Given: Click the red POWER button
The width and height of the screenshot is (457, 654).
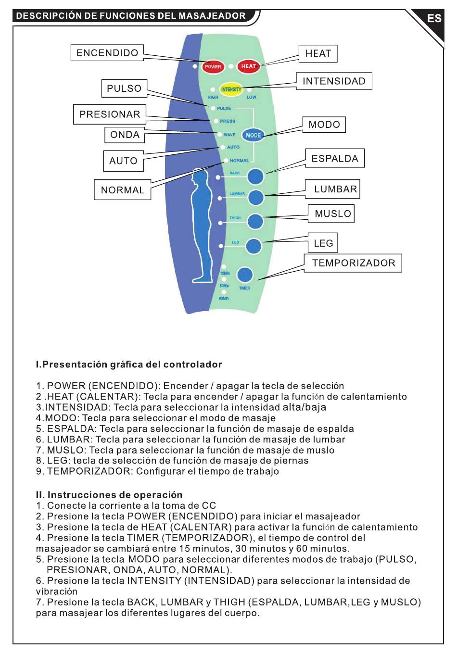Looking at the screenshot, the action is pos(213,67).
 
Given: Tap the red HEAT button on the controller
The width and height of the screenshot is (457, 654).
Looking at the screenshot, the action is pos(248,66).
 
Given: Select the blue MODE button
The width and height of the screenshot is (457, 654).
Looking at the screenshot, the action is pos(253,135).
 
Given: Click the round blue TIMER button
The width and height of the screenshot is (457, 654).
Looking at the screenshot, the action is pos(245,275).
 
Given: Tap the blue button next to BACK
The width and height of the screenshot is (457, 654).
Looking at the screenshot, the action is pos(255,176).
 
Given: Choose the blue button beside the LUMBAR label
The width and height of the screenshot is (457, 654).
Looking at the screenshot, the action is pos(256,197).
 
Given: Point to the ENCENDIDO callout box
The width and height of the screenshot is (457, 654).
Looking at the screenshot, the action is pos(107,53).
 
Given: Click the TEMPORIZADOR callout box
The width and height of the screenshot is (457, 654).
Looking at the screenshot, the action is pos(353,263).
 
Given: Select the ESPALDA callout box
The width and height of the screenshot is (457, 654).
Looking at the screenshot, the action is pos(335,158).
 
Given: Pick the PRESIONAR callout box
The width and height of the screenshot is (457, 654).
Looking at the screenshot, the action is pos(110,114).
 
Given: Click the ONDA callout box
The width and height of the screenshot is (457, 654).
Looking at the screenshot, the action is pos(125,135).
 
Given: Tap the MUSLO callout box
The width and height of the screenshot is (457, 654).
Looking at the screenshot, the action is pos(331,214).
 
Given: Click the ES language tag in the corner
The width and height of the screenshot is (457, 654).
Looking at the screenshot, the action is pos(434,18).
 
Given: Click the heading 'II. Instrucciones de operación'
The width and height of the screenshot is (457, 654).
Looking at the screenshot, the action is pos(109,495).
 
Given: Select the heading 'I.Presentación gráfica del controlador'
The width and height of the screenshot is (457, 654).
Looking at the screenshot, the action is pos(129,365).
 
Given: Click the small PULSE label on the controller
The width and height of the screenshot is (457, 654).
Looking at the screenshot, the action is pos(224,108).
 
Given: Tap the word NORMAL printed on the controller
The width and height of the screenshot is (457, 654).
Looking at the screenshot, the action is pos(239,161).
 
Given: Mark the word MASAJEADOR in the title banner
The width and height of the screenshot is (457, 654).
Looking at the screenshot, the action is pos(212,16).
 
